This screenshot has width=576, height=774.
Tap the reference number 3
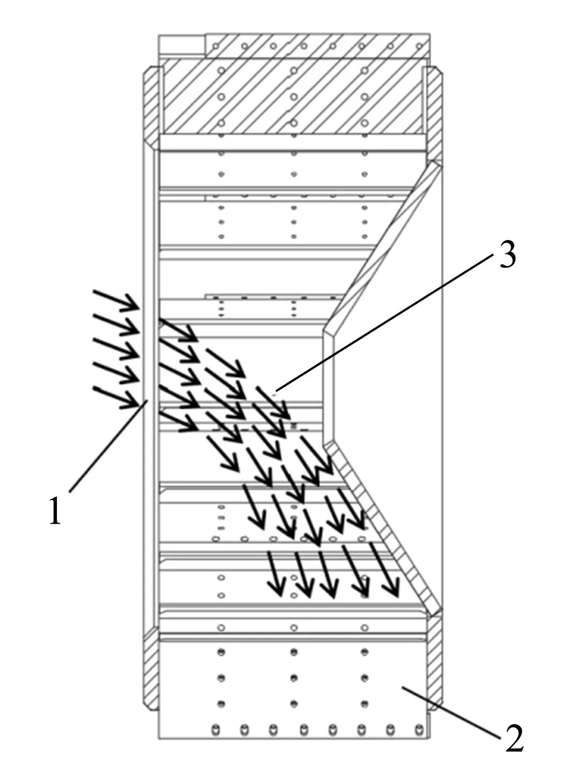pyautogui.click(x=508, y=255)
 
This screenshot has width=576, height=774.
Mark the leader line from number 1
pyautogui.click(x=107, y=446)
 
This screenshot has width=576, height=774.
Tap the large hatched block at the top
pyautogui.click(x=293, y=97)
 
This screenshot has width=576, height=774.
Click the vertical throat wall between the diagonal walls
pyautogui.click(x=329, y=387)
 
